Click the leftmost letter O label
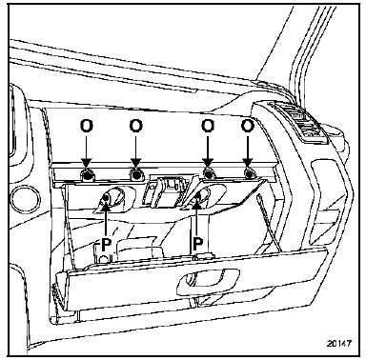pyautogui.click(x=87, y=127)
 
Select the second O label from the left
pyautogui.click(x=135, y=127)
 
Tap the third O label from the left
pyautogui.click(x=208, y=127)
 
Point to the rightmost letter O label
pyautogui.click(x=248, y=127)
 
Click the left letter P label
pyautogui.click(x=107, y=244)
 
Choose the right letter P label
pyautogui.click(x=197, y=244)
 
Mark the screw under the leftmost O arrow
pyautogui.click(x=88, y=173)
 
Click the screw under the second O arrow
pyautogui.click(x=136, y=173)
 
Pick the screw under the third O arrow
pyautogui.click(x=208, y=173)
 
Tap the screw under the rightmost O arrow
pyautogui.click(x=249, y=173)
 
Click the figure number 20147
pyautogui.click(x=338, y=343)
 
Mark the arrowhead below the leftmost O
pyautogui.click(x=87, y=164)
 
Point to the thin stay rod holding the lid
pyautogui.click(x=269, y=222)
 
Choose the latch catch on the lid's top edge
pyautogui.click(x=202, y=256)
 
